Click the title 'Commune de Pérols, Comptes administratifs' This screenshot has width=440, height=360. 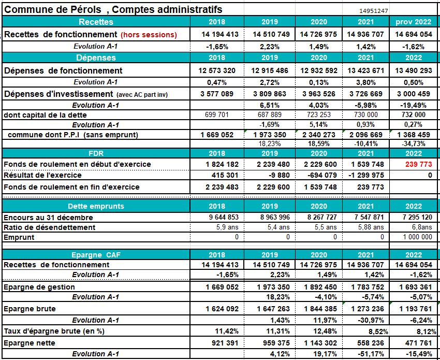114,9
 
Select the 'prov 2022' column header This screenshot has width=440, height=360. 413,22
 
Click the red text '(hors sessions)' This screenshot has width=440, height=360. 149,35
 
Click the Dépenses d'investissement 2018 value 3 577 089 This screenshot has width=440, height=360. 217,94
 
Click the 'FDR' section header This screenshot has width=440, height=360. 96,154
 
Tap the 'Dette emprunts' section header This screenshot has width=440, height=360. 96,206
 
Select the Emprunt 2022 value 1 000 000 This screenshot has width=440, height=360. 415,237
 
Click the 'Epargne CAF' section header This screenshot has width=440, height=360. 96,255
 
